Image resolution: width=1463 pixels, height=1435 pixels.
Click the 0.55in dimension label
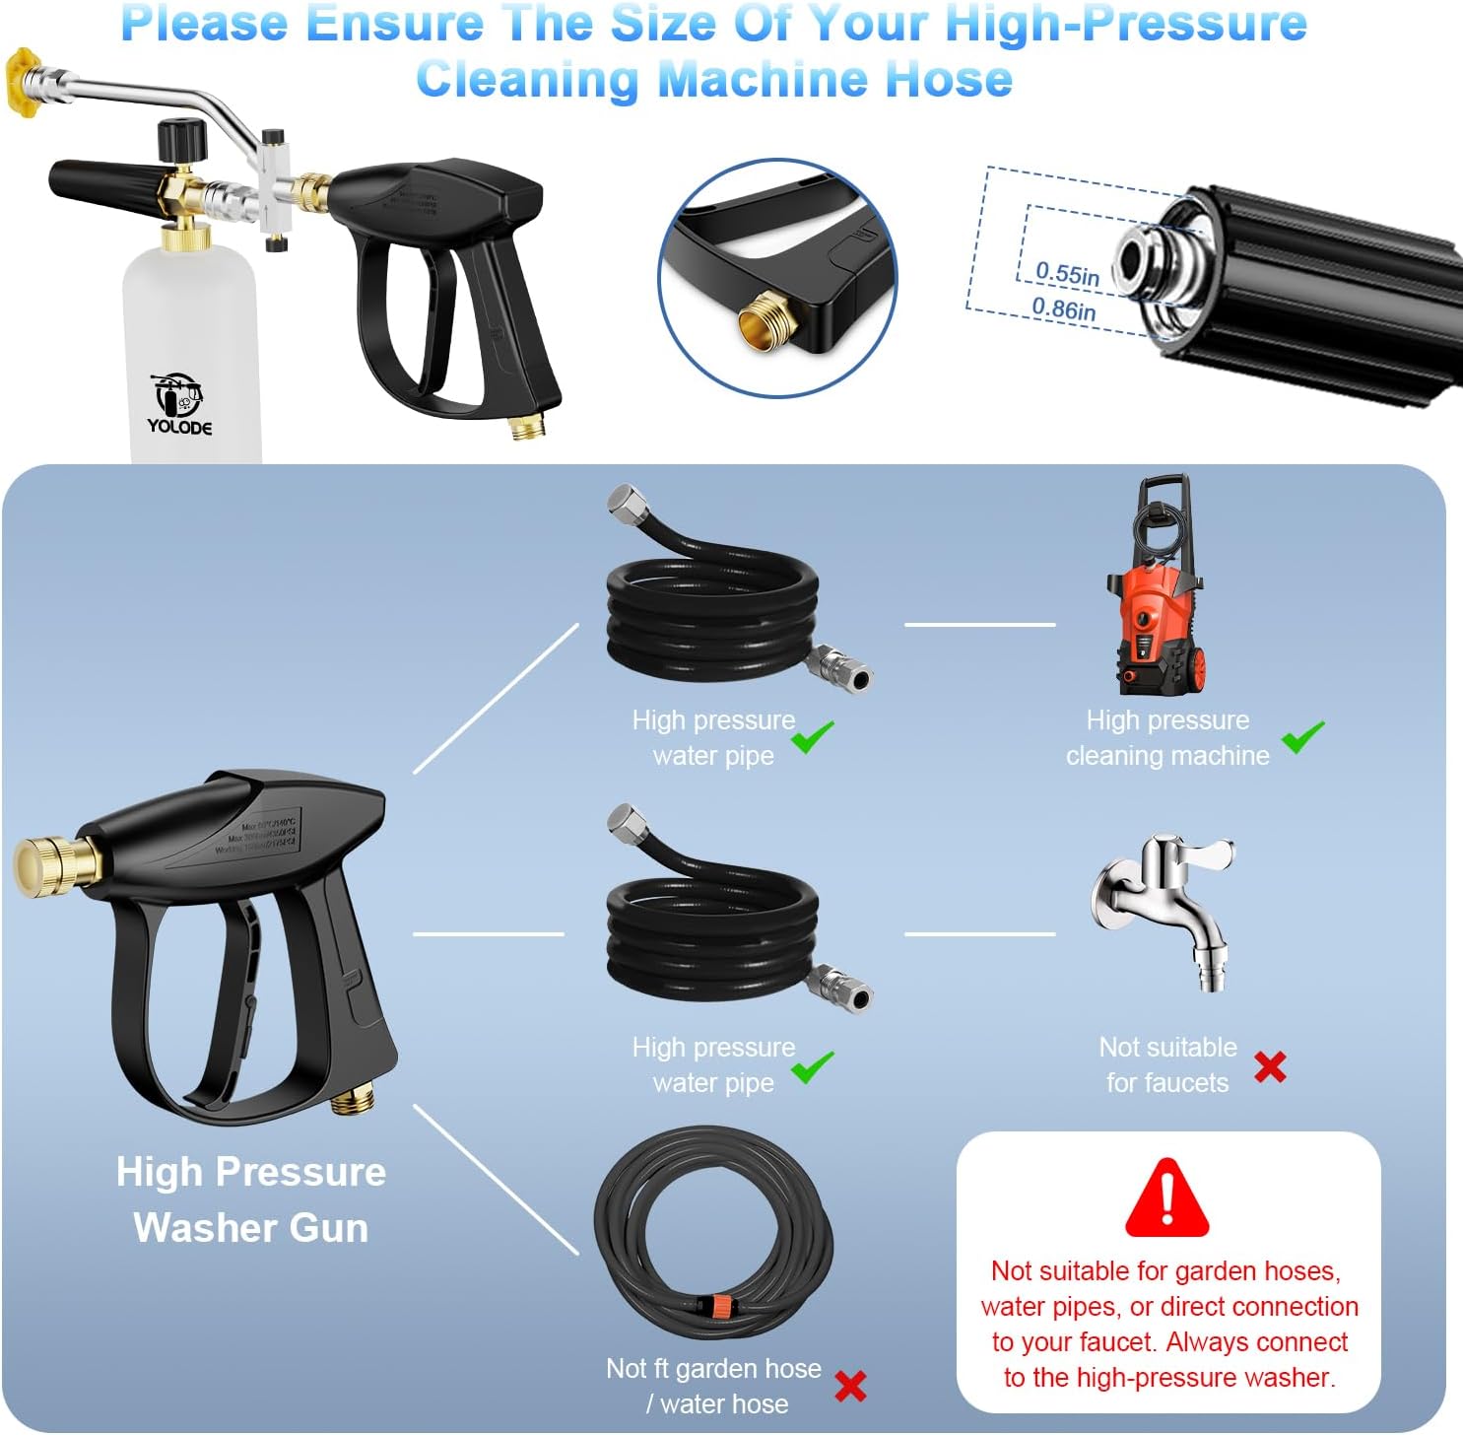pyautogui.click(x=1067, y=273)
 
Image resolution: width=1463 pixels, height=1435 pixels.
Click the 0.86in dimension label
pyautogui.click(x=1063, y=308)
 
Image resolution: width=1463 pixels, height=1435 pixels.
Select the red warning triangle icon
pyautogui.click(x=1166, y=1198)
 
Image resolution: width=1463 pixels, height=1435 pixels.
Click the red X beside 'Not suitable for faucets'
pyautogui.click(x=1270, y=1066)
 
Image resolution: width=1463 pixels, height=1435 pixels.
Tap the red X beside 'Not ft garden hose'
pyautogui.click(x=850, y=1386)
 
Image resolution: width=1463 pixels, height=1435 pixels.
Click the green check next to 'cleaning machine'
pyautogui.click(x=1302, y=737)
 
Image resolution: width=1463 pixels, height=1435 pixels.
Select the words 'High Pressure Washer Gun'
pyautogui.click(x=251, y=1199)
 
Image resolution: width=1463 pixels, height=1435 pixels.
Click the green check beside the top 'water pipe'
pyautogui.click(x=813, y=737)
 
